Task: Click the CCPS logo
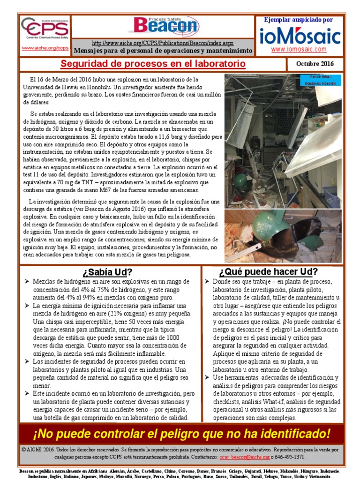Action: point(45,30)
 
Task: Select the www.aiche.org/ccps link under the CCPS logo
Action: point(45,48)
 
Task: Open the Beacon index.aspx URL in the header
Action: point(163,43)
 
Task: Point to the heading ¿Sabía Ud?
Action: point(107,272)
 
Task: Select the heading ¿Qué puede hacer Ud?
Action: point(275,272)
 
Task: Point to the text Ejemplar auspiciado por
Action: point(298,20)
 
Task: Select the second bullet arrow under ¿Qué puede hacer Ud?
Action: point(207,378)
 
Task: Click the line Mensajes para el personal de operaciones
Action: point(163,51)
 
